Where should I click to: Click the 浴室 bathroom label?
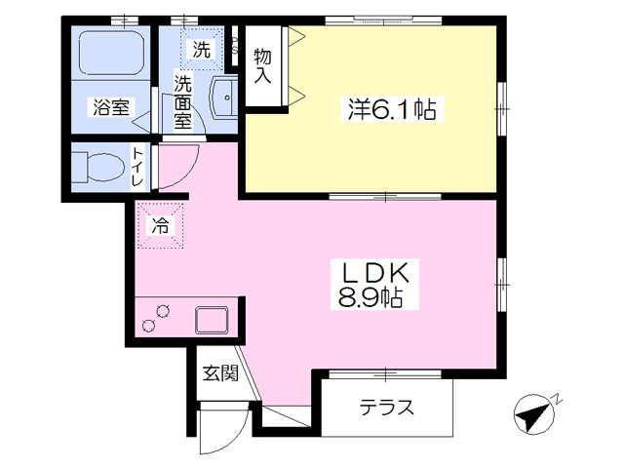coord(110,108)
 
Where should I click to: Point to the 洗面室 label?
coord(182,102)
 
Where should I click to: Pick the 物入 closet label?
coord(262,64)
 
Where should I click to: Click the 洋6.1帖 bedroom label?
coord(390,110)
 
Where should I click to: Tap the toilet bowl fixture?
coord(98,169)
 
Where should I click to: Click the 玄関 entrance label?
coord(219,372)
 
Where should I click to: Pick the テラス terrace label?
coord(387,408)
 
